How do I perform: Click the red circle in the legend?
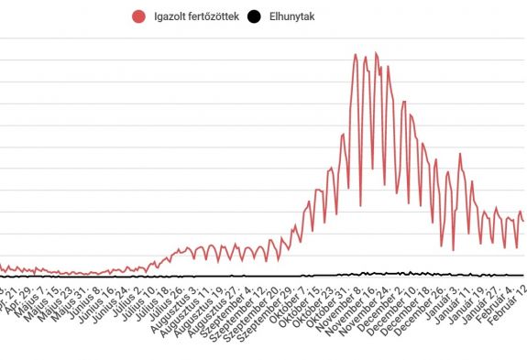tap(139, 16)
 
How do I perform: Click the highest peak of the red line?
tap(355, 54)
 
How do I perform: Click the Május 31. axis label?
tap(71, 301)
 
